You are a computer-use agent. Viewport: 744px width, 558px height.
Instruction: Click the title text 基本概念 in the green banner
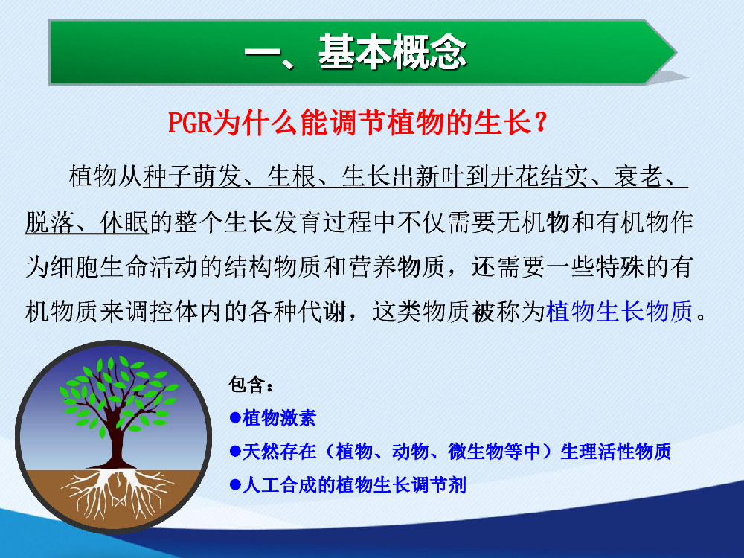tap(392, 53)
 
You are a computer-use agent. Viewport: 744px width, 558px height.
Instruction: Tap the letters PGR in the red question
tap(189, 123)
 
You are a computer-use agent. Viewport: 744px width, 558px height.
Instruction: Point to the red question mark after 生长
tap(540, 123)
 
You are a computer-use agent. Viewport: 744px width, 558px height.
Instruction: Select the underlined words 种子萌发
tap(192, 176)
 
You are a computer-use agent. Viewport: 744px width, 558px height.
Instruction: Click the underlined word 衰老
tap(638, 176)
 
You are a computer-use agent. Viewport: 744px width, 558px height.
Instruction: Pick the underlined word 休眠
tap(125, 222)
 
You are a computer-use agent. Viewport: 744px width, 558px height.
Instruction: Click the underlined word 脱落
tap(50, 222)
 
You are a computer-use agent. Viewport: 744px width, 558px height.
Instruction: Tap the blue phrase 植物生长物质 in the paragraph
tap(620, 312)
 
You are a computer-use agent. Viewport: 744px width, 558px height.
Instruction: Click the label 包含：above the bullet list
tap(251, 385)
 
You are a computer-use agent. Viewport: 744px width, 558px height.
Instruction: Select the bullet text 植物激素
tap(279, 418)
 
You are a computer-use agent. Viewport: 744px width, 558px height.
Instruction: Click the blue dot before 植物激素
tap(235, 418)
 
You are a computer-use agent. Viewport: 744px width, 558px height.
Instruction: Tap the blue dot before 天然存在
tap(235, 452)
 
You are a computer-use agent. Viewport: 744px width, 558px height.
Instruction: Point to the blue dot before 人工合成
tap(235, 485)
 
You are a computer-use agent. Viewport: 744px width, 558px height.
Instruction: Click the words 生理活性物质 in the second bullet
tap(616, 452)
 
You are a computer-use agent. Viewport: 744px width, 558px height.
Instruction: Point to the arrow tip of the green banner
tap(676, 52)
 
